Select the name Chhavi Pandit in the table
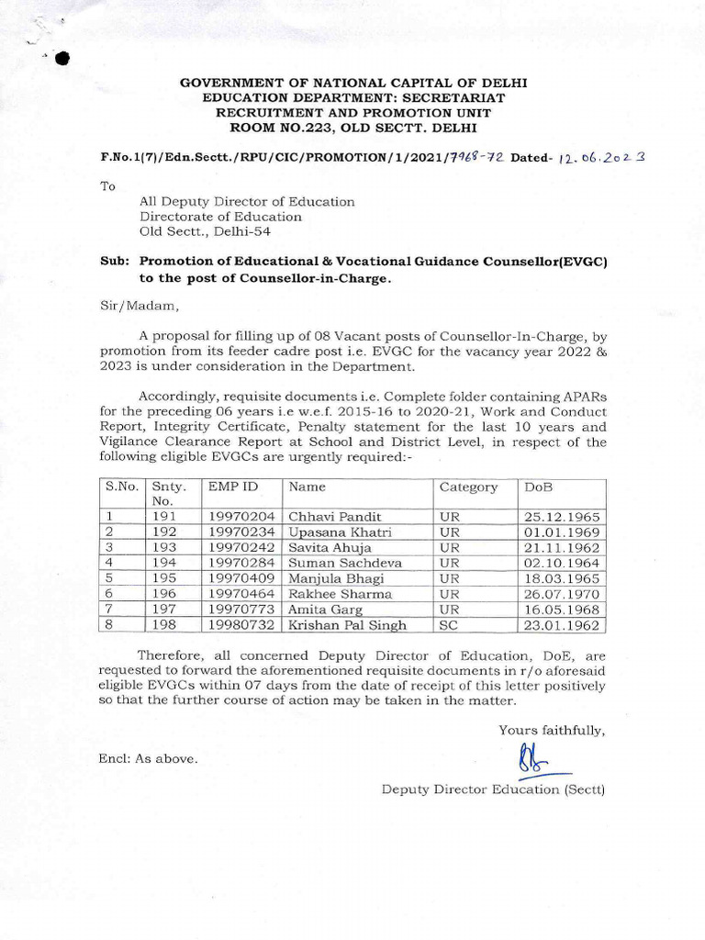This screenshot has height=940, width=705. tap(335, 517)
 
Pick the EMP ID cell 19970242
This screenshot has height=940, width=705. tap(241, 548)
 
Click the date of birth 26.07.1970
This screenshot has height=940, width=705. tap(562, 594)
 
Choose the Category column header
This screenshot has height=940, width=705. tap(468, 487)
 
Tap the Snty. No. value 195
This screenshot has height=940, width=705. tap(162, 578)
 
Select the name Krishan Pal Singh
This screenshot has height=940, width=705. tap(348, 625)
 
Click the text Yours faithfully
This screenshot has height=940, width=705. tap(552, 730)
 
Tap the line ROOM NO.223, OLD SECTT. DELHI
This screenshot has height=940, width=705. tap(353, 127)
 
